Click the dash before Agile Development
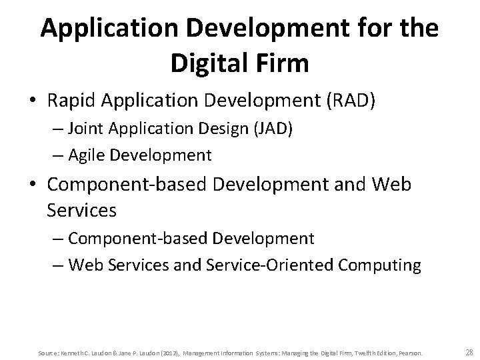[x=57, y=156]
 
